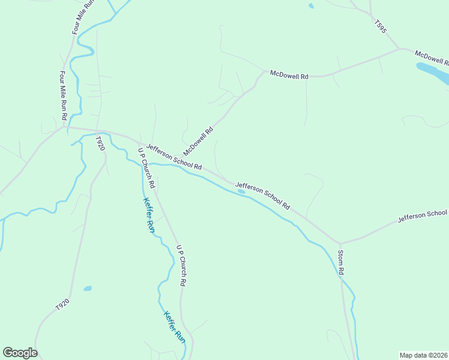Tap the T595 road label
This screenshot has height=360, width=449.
(379, 27)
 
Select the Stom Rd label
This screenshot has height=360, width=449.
(340, 262)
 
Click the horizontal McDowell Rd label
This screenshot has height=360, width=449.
(289, 76)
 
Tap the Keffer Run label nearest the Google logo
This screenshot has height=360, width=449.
(175, 327)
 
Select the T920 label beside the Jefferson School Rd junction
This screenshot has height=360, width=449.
(100, 143)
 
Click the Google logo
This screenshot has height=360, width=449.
(20, 353)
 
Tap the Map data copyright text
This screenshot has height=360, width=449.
(423, 355)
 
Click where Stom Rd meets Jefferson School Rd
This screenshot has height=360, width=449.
(340, 243)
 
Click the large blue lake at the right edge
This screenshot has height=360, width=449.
(433, 72)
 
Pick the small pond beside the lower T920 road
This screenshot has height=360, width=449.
(88, 289)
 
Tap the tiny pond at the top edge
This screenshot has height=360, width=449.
(310, 6)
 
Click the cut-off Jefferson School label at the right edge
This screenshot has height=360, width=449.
(423, 217)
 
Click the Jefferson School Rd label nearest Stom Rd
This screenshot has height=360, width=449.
(263, 196)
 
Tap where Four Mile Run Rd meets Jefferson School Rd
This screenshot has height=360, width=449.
(65, 127)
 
